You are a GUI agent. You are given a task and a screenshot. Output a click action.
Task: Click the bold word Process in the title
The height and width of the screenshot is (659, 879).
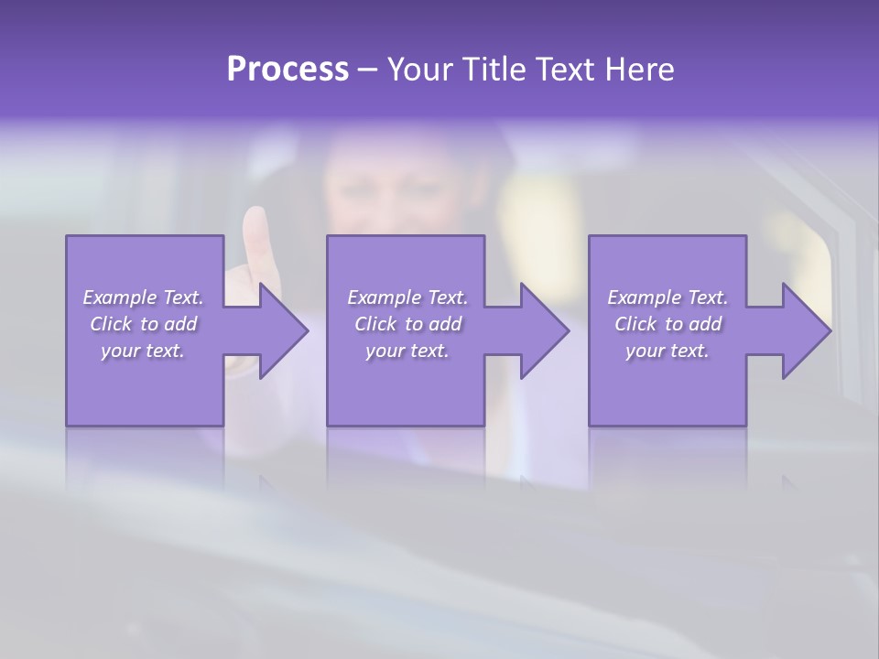288,69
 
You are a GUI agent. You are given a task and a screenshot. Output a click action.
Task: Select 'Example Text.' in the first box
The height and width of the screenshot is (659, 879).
143,297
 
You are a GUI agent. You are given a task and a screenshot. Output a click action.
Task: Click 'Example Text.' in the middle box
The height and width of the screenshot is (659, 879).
407,297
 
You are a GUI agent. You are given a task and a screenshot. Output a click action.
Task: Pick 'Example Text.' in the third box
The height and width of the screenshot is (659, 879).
667,297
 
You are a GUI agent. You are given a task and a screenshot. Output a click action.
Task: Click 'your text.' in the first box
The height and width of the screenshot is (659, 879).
143,351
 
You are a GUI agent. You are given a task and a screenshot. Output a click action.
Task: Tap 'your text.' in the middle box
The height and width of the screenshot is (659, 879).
407,351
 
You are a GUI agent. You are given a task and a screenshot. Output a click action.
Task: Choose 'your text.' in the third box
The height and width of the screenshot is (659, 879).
667,351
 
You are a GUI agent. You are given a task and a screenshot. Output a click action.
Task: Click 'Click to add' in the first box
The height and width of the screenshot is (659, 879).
143,324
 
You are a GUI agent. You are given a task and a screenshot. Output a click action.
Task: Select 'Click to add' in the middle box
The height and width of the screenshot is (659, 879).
407,324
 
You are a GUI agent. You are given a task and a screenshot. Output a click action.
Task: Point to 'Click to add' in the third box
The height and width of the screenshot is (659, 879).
667,324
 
